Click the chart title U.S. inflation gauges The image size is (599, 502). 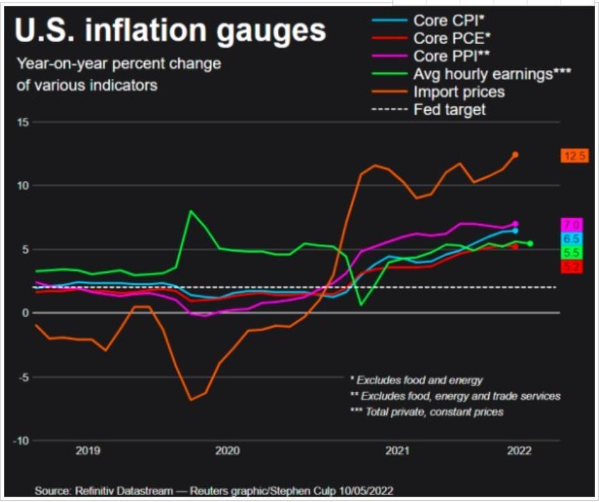click(x=170, y=31)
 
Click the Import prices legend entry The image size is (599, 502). click(x=459, y=92)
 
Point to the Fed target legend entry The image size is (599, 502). click(x=449, y=110)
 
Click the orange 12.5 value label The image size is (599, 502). click(x=574, y=155)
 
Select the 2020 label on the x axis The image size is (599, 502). click(x=227, y=452)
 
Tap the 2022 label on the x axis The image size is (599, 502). click(x=519, y=452)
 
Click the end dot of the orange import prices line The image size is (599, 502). click(x=516, y=154)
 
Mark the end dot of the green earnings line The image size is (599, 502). click(x=530, y=243)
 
